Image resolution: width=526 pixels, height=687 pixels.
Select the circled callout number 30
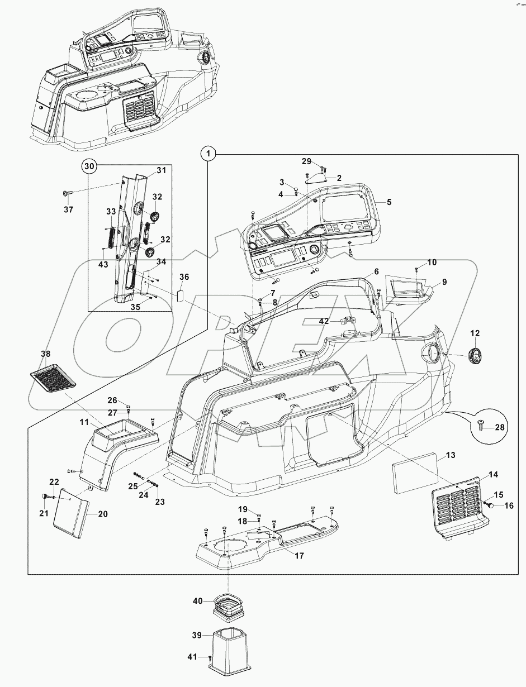(x=89, y=166)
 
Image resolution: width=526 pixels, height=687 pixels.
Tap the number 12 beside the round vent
(x=475, y=333)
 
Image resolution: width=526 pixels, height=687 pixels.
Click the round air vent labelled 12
(x=475, y=355)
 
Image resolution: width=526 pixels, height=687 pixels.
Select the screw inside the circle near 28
(x=482, y=425)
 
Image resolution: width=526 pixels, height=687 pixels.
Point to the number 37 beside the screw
(x=68, y=209)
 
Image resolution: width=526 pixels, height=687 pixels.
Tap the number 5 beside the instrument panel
(x=388, y=202)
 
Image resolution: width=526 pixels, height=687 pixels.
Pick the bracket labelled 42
(x=348, y=321)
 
